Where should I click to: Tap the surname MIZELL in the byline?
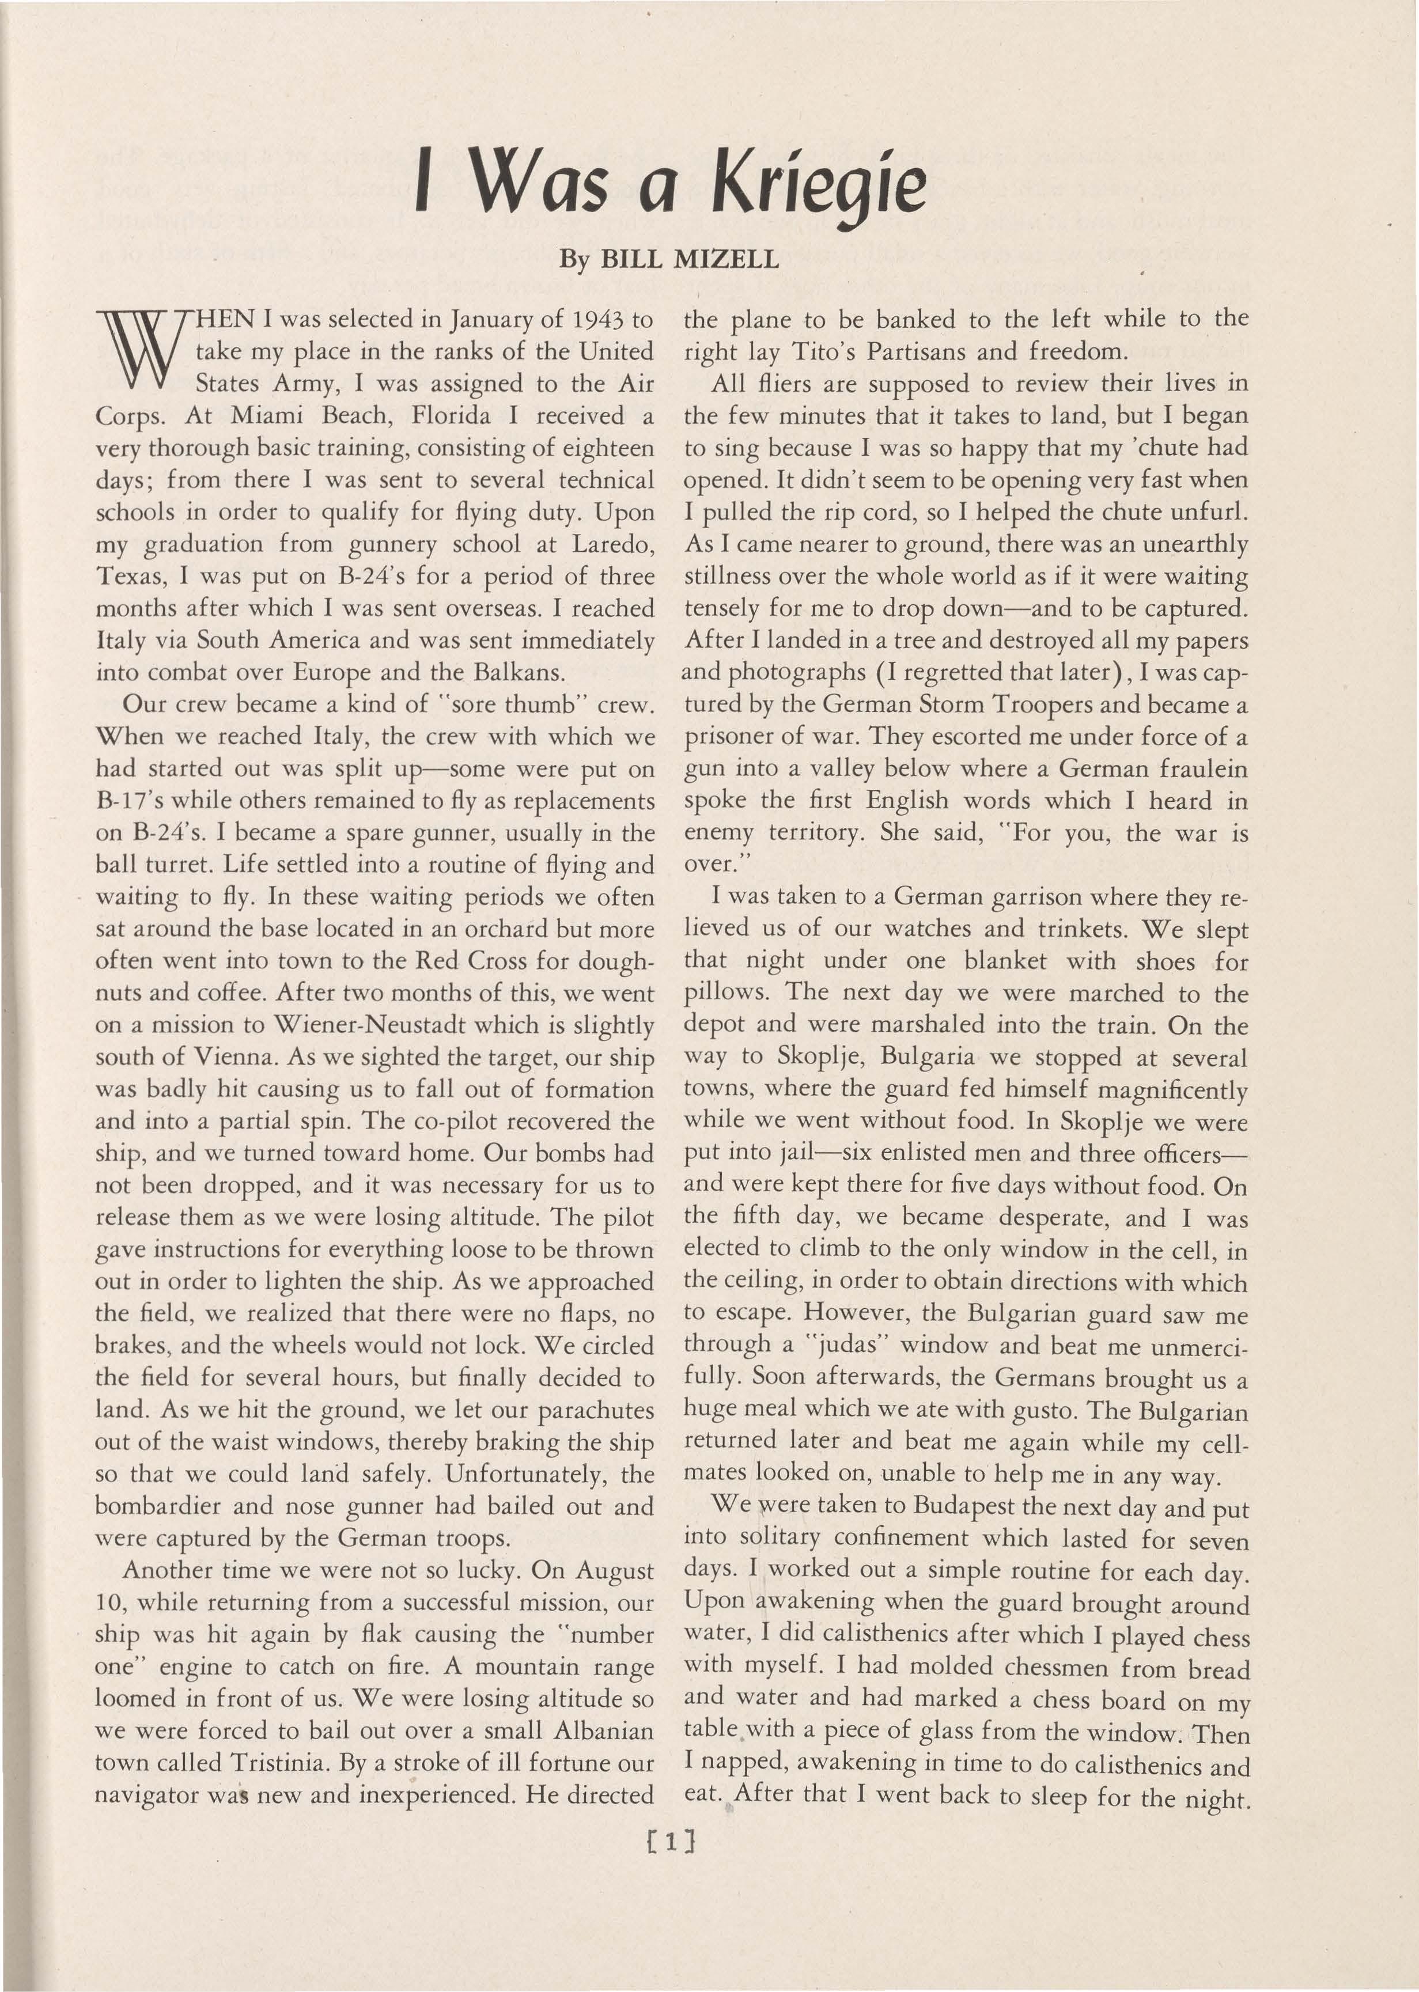[731, 260]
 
